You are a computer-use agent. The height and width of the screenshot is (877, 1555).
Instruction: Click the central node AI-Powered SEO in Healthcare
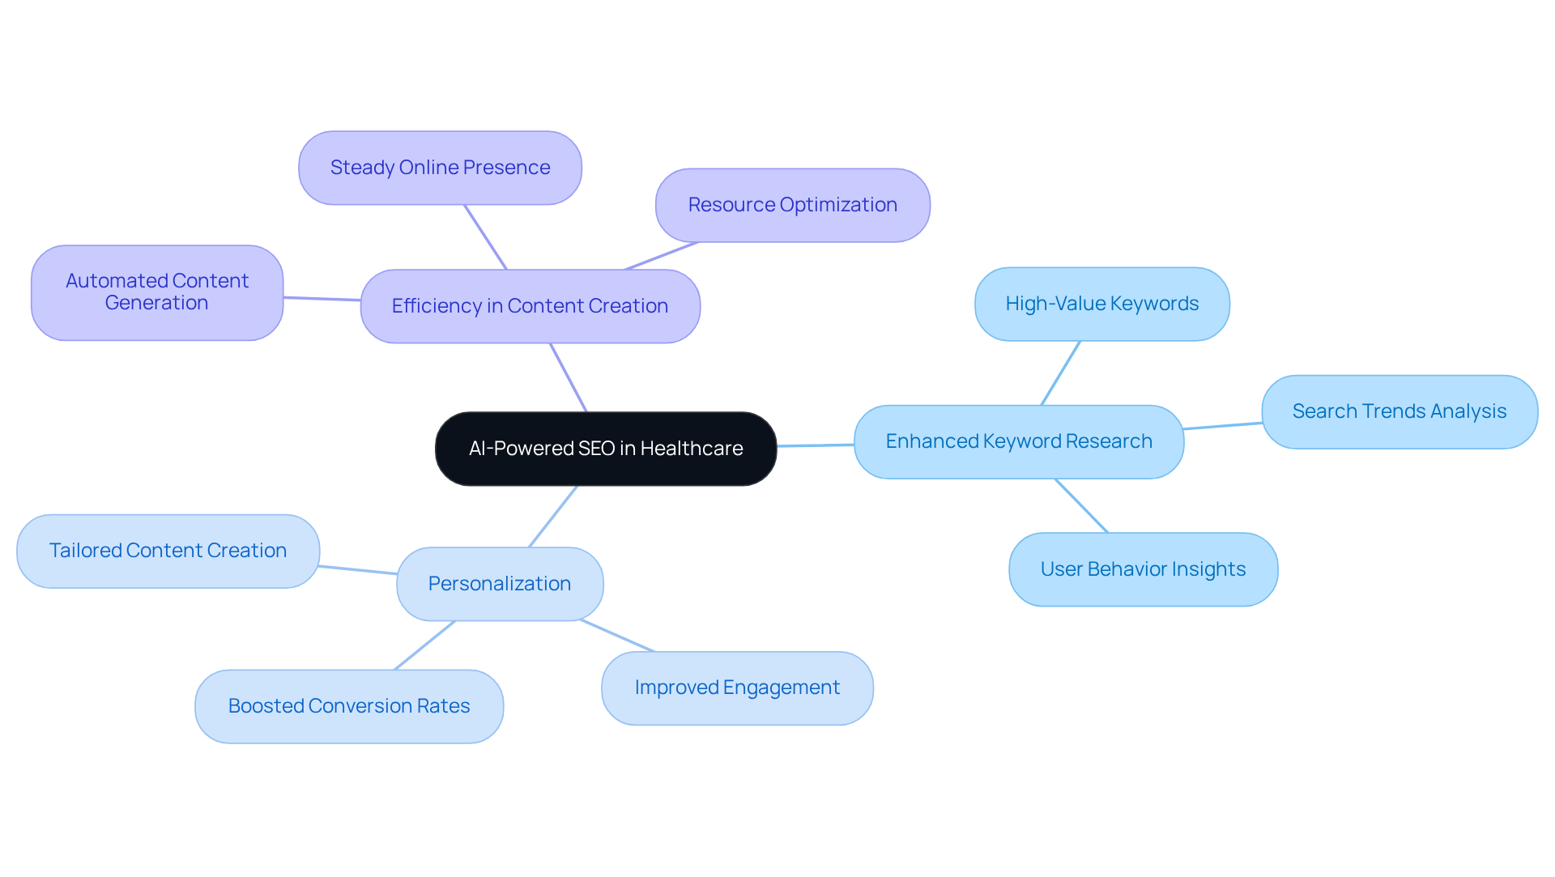pos(606,449)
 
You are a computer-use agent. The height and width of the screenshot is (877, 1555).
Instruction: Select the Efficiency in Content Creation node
pos(530,306)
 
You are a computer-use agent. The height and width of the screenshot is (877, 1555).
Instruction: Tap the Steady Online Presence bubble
pos(440,168)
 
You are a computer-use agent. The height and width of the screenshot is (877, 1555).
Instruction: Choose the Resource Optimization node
pos(792,205)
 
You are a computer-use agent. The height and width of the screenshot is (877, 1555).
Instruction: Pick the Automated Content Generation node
pos(157,292)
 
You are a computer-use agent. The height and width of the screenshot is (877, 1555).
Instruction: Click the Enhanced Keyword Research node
pos(1018,441)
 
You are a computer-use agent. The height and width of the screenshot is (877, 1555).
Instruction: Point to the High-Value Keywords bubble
pos(1101,304)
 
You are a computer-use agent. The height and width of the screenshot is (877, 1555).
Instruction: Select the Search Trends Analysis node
pos(1399,411)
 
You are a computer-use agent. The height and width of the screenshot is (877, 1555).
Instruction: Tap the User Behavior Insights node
pos(1143,569)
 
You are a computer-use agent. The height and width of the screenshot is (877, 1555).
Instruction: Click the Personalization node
pos(500,584)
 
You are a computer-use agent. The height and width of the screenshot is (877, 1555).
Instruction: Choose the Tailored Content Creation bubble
pos(168,551)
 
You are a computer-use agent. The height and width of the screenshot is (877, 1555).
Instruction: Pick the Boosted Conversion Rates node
pos(349,706)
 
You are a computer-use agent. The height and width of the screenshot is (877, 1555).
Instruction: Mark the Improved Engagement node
pos(737,688)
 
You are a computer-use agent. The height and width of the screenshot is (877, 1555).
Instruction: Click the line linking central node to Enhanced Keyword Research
pos(816,445)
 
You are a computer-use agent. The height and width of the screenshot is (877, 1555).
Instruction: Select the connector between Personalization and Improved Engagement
pos(617,636)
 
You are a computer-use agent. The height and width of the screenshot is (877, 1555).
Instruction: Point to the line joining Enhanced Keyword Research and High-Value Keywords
pos(1061,373)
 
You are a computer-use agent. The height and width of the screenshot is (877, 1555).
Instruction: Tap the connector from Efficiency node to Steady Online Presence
pos(485,236)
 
